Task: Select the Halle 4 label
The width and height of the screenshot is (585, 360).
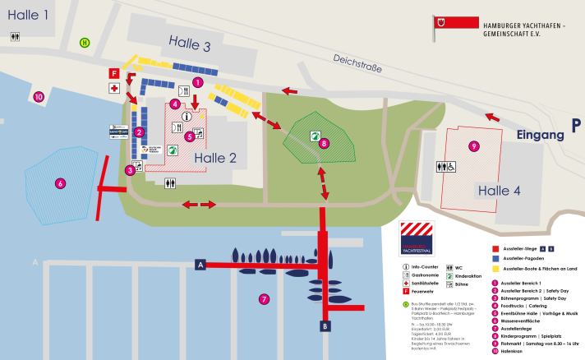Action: pyautogui.click(x=499, y=191)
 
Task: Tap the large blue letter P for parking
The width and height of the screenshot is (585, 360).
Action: pyautogui.click(x=577, y=125)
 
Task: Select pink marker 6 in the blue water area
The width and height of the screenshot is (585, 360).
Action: pyautogui.click(x=59, y=182)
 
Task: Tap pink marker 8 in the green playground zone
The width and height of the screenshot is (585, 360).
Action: pyautogui.click(x=324, y=143)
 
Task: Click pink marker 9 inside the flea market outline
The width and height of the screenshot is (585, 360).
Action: pyautogui.click(x=472, y=146)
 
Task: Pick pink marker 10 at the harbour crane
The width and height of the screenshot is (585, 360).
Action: pyautogui.click(x=39, y=97)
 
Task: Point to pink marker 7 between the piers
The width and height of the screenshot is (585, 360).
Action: pyautogui.click(x=264, y=298)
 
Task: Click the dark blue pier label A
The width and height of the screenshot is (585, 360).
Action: pyautogui.click(x=200, y=265)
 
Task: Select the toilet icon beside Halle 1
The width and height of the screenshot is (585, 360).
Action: pyautogui.click(x=15, y=36)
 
